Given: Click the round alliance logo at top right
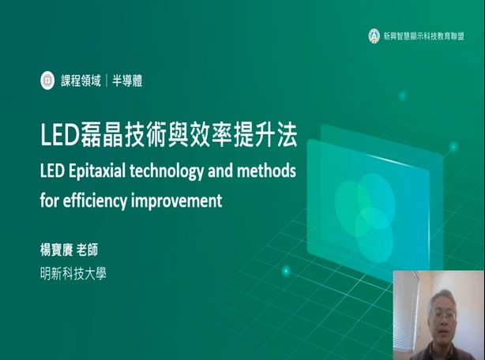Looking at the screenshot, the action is (x=374, y=36).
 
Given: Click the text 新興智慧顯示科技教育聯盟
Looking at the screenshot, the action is (x=423, y=36).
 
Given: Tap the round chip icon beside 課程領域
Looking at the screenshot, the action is (x=47, y=81).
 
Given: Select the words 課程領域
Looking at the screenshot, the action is (x=81, y=81).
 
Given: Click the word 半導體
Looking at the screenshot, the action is (x=127, y=81).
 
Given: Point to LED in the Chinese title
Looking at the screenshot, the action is (x=60, y=136).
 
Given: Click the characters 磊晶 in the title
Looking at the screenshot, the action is (x=101, y=136).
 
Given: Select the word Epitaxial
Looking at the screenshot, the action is (x=97, y=171).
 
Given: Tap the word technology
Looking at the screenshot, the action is (x=167, y=171).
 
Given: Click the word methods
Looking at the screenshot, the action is (x=266, y=171).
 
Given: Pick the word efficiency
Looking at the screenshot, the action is (x=96, y=201).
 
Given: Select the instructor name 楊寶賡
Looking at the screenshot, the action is (x=56, y=249).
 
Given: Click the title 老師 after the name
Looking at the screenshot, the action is (x=87, y=249).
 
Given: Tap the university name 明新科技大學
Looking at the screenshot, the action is (x=73, y=273).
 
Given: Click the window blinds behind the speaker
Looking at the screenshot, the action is (x=404, y=312).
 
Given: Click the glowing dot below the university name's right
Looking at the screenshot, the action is (x=286, y=271).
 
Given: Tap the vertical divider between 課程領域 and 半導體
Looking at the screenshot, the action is (x=107, y=81).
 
